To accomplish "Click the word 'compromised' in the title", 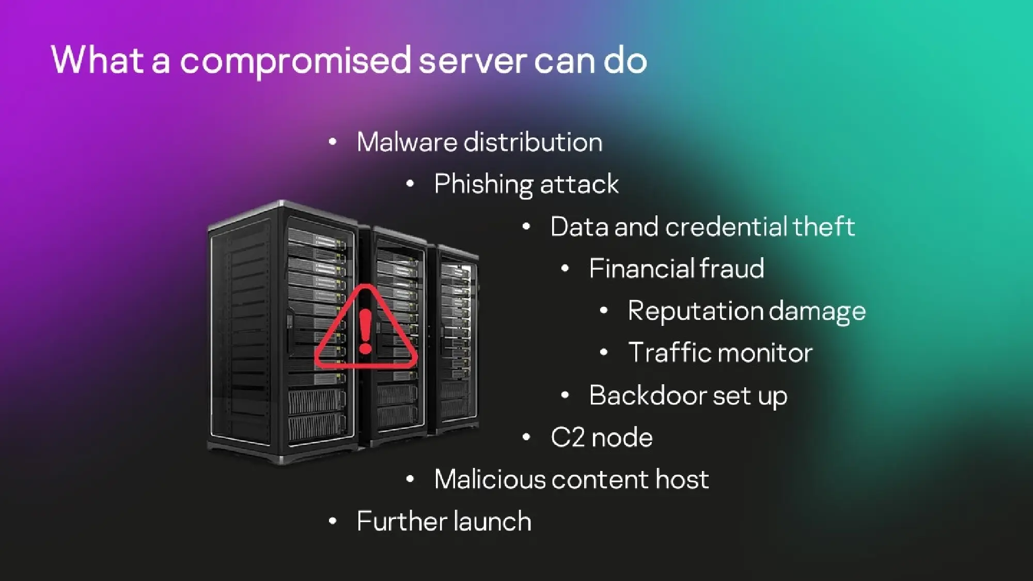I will (x=295, y=61).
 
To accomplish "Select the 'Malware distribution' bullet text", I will (x=479, y=142).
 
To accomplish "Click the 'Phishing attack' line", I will (x=526, y=184).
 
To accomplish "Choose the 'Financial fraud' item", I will (x=676, y=269).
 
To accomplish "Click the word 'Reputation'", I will (x=695, y=311).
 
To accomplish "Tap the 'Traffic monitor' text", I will (x=720, y=353).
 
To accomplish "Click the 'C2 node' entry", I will (x=602, y=437).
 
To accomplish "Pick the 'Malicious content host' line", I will (x=571, y=479).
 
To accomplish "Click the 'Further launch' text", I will (x=444, y=521).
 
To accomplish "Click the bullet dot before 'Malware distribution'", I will (x=333, y=142).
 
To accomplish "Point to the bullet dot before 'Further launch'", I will (x=333, y=521).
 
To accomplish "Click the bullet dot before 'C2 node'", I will (x=526, y=437).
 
